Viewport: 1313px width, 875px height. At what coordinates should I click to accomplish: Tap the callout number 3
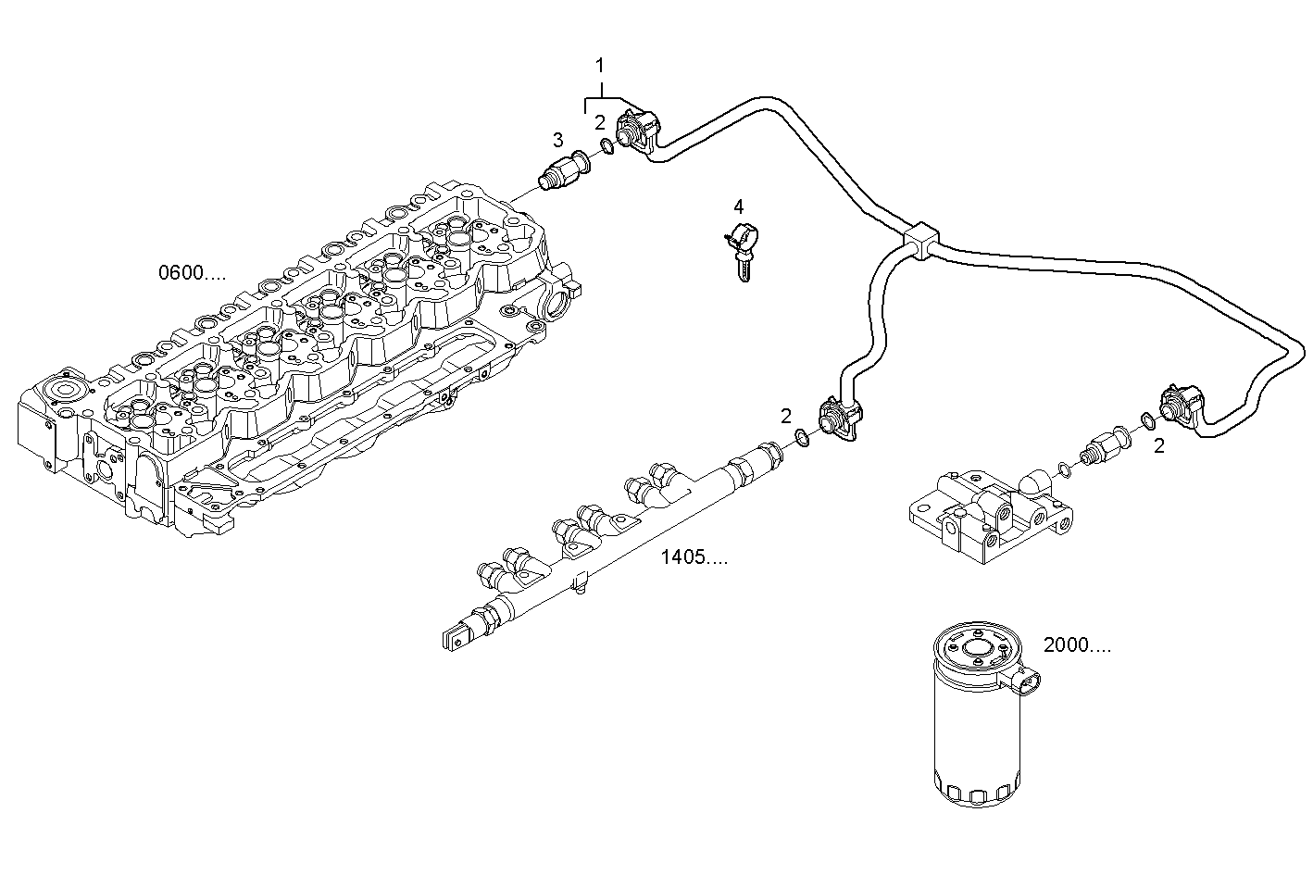(557, 140)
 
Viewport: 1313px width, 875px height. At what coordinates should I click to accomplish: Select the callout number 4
(738, 206)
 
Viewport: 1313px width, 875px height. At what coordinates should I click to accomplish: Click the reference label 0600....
(192, 273)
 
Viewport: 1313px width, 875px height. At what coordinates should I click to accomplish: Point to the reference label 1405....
(694, 557)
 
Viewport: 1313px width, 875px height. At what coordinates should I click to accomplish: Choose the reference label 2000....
(1077, 645)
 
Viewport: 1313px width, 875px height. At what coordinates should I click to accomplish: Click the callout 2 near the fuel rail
(785, 416)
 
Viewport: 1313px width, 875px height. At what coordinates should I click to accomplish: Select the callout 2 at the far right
(1158, 446)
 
